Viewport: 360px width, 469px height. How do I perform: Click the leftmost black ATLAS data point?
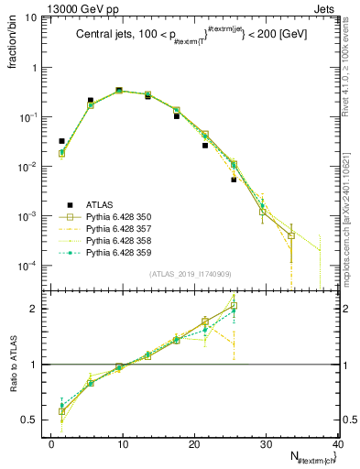pyautogui.click(x=61, y=141)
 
